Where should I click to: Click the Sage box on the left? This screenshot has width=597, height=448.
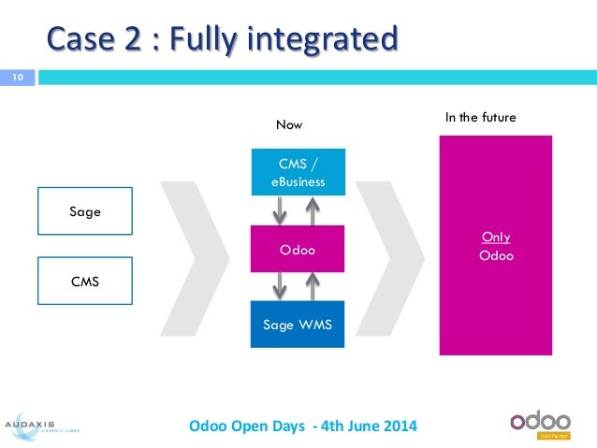[x=85, y=211]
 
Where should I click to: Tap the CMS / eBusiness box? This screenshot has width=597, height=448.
[x=298, y=173]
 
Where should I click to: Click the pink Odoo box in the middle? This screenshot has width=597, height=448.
[x=298, y=250]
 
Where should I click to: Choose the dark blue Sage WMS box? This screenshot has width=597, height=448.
[x=298, y=324]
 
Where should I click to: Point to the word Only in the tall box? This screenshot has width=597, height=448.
[x=495, y=238]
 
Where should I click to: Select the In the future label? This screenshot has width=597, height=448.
[x=480, y=117]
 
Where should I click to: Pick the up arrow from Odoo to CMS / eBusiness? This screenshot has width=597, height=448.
[x=315, y=211]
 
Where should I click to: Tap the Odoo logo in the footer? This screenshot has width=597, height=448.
[x=546, y=422]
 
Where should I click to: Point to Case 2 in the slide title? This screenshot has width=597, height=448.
[x=85, y=39]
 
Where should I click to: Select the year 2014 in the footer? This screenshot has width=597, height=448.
[x=399, y=426]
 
